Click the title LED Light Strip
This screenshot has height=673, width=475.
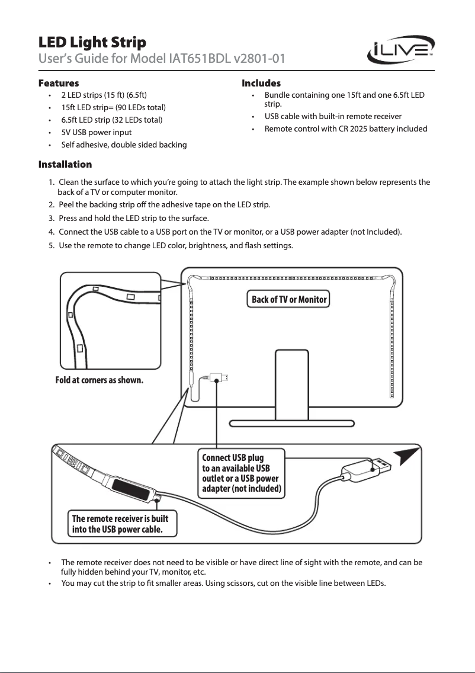click(92, 43)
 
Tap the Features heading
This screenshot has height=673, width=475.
click(58, 83)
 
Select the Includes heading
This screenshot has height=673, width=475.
click(261, 83)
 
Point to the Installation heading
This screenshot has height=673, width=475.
click(65, 164)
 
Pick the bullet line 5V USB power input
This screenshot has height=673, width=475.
click(97, 133)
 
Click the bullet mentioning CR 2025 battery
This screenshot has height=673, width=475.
click(346, 129)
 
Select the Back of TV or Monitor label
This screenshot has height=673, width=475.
click(289, 299)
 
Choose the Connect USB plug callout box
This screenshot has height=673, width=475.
click(242, 474)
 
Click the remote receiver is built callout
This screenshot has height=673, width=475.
click(124, 524)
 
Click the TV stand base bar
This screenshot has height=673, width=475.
click(292, 423)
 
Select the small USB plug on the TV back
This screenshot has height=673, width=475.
click(220, 377)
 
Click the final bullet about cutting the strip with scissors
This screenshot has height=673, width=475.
click(223, 584)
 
